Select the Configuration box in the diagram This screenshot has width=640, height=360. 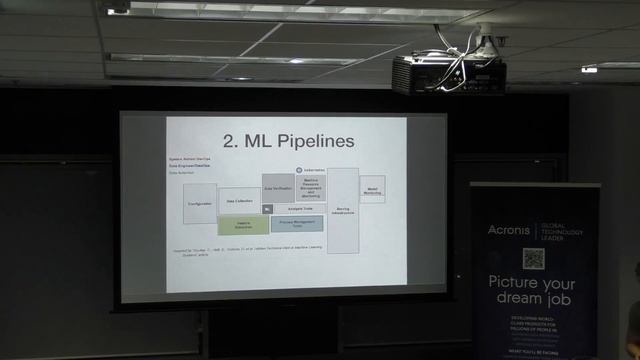(x=200, y=203)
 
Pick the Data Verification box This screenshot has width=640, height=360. (x=278, y=187)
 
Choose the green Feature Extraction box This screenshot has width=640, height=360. (x=243, y=225)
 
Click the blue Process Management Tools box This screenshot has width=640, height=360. (x=297, y=224)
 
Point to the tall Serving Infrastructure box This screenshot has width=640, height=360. (x=343, y=210)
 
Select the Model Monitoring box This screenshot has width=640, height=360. (x=372, y=188)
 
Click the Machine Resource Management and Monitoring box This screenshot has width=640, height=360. (x=310, y=188)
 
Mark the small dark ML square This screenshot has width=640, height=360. (x=268, y=208)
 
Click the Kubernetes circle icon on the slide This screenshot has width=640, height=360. (x=298, y=171)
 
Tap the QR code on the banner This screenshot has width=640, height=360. (x=534, y=258)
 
